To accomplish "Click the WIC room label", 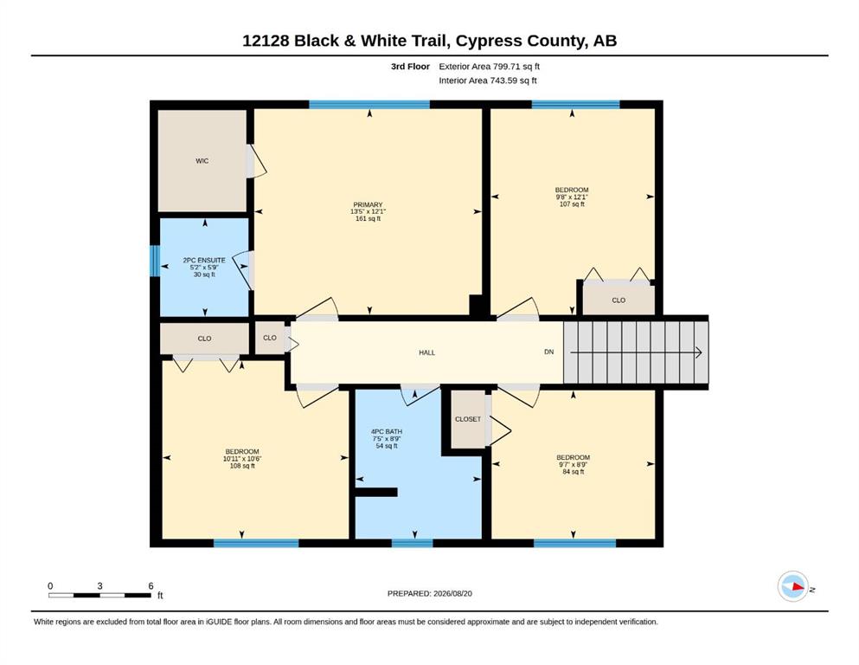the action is click(x=202, y=161).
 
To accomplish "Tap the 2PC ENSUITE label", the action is click(x=204, y=261).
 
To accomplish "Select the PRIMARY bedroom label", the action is click(x=368, y=205).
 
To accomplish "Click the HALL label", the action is click(x=426, y=353).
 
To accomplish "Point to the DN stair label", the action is click(x=549, y=352).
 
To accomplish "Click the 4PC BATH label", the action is click(x=387, y=432).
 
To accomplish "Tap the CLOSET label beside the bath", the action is click(x=468, y=419).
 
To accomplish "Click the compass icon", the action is click(x=792, y=586).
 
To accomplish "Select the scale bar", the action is click(x=99, y=595).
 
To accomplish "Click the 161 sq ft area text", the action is click(x=369, y=219).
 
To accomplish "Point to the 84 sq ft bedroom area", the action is click(x=573, y=472).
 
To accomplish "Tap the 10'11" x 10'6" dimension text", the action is click(x=242, y=459).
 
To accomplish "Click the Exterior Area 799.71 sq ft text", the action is click(x=490, y=67).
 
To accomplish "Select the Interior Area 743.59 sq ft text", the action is click(x=488, y=81).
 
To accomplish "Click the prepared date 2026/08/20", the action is click(x=452, y=594).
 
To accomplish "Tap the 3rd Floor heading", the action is click(x=410, y=67).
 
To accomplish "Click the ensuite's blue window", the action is click(x=155, y=261).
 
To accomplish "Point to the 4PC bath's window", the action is click(x=412, y=543).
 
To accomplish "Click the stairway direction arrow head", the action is click(x=699, y=352).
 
